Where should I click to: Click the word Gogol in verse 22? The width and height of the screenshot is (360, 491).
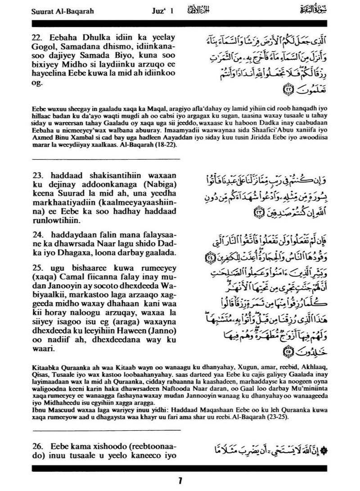coord(45,46)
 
